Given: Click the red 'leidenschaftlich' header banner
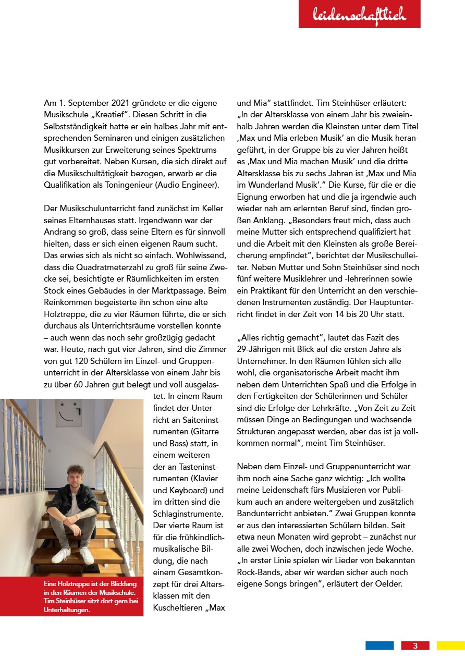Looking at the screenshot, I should coord(359,15).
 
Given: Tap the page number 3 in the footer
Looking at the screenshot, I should coord(415,646).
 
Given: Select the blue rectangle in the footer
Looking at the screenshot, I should coord(380,646).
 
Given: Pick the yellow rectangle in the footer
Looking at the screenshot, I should coord(450,646).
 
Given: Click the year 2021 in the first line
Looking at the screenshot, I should coord(125,103).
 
